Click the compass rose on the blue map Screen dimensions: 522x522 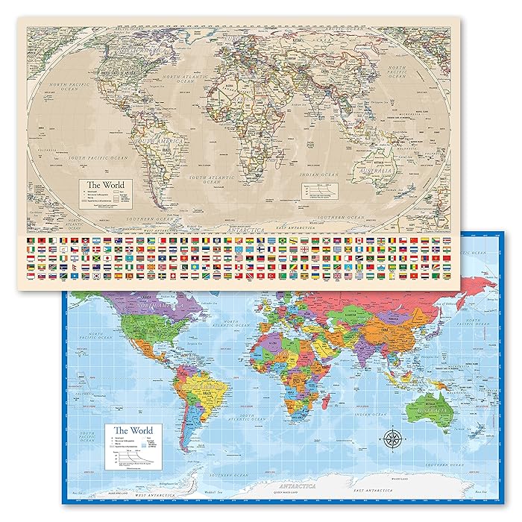pos(394,437)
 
